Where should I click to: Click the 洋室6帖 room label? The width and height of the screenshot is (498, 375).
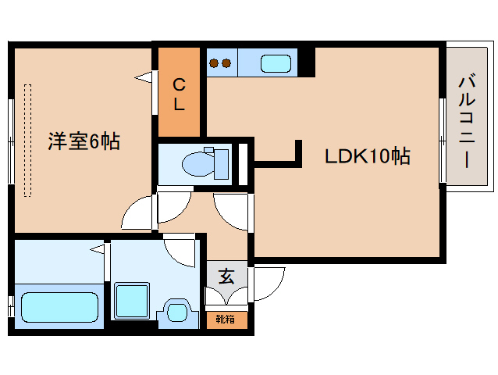(83, 142)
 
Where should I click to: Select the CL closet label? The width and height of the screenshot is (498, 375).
(180, 94)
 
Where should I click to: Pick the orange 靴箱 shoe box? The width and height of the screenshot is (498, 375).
(227, 319)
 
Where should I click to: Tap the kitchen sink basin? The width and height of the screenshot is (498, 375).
(275, 63)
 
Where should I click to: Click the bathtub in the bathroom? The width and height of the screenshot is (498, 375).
(59, 305)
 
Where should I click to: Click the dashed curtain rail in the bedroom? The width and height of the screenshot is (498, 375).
(29, 141)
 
